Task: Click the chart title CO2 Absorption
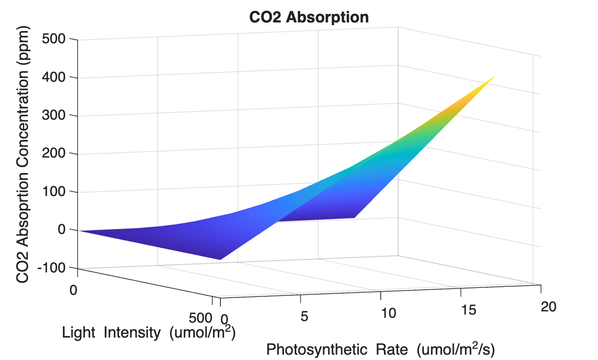pos(309,17)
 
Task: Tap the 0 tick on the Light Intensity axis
pos(74,290)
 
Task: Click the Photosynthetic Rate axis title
pos(381,350)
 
